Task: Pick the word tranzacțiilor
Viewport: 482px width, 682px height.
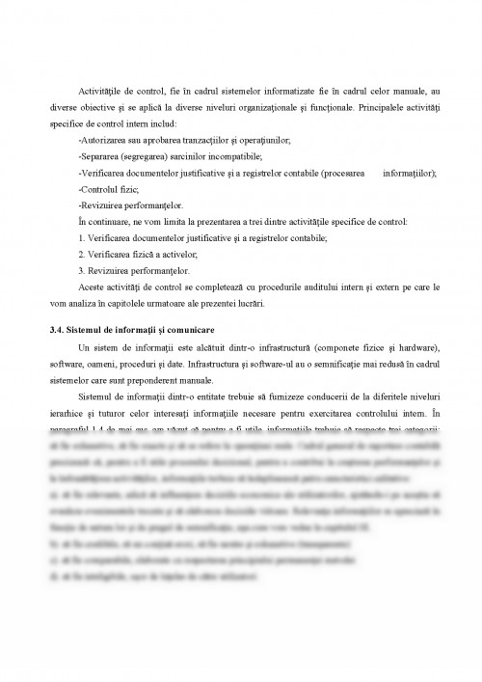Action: [x=196, y=141]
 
